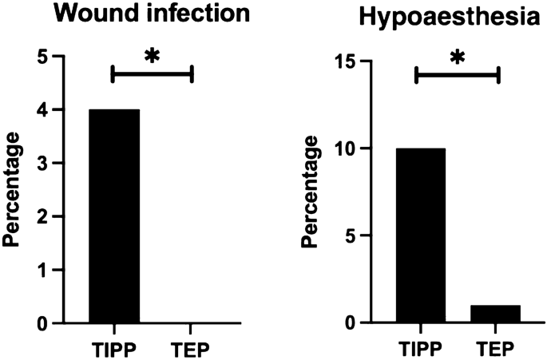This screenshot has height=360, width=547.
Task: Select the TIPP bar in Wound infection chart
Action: tap(114, 216)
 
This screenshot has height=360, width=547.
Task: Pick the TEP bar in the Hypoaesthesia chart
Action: tap(494, 314)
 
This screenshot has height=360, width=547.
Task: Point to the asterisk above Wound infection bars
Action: tap(152, 56)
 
